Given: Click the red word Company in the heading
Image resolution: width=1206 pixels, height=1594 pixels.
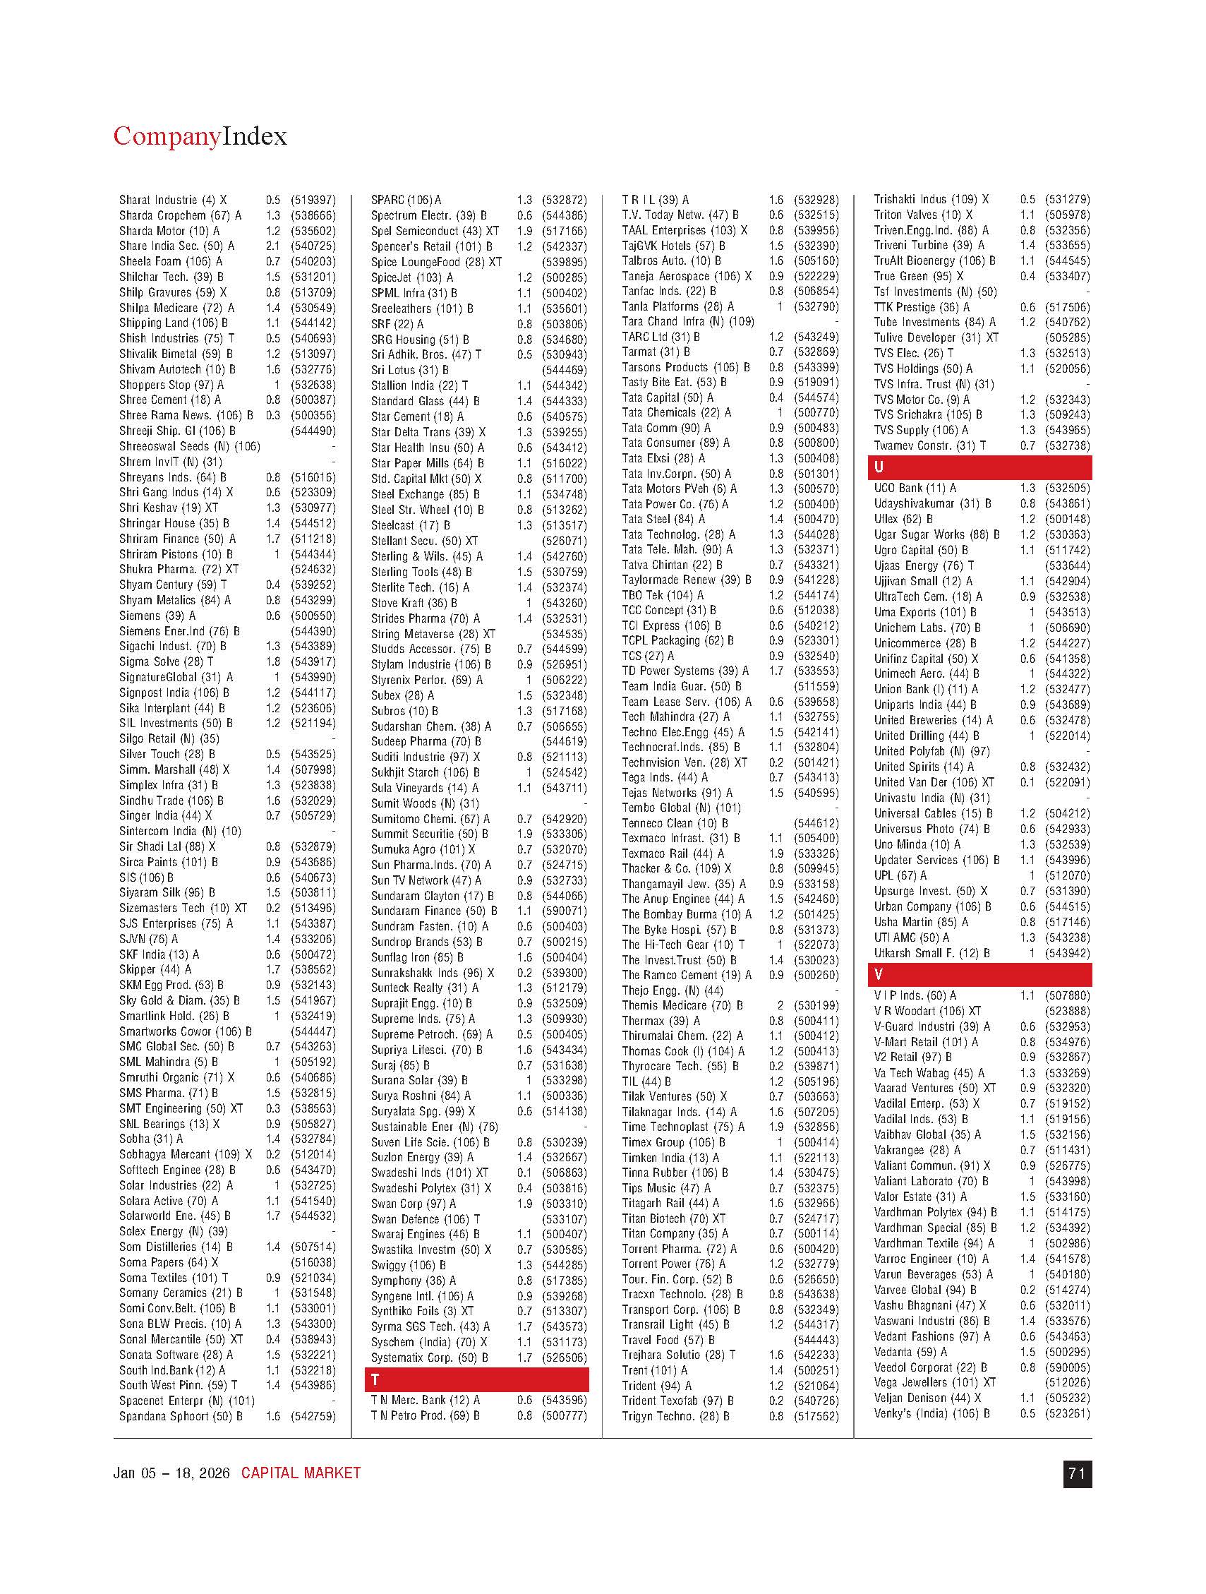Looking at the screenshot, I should (167, 137).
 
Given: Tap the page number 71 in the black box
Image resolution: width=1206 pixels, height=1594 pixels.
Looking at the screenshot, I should (1076, 1473).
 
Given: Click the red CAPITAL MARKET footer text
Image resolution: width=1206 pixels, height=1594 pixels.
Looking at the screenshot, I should (301, 1473).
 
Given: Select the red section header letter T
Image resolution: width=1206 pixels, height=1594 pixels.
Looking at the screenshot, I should (375, 1379).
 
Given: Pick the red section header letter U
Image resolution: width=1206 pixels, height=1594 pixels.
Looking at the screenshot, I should (879, 467).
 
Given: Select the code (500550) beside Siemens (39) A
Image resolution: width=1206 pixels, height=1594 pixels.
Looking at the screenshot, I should (313, 616).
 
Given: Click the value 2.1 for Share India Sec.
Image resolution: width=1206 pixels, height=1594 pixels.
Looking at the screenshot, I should (272, 246).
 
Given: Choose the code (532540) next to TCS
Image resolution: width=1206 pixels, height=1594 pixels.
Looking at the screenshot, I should (816, 656).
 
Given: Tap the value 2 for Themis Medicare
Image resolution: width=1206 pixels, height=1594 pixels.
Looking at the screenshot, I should (779, 1005).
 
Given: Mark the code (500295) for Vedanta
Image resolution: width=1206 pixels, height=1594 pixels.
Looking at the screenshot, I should (1068, 1352).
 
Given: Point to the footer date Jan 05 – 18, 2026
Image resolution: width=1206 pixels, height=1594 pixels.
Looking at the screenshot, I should (171, 1473).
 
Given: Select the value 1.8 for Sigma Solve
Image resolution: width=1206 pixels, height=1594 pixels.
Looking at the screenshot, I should (272, 661).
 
